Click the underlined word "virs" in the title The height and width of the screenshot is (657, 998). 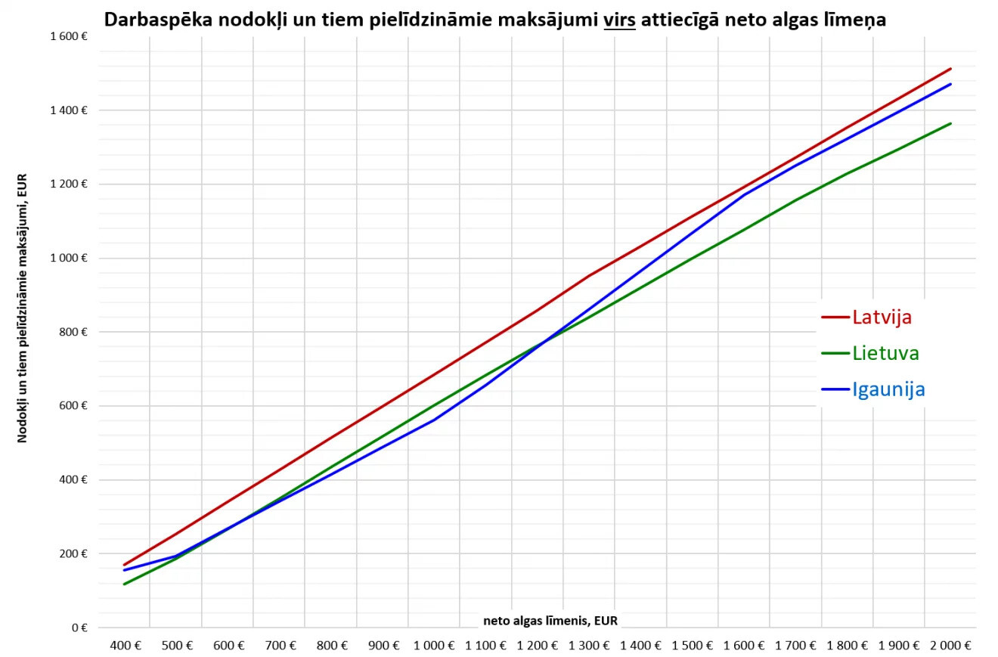[x=619, y=20]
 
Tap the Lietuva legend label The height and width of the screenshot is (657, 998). [x=886, y=353]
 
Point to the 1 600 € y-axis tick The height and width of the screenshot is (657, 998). [x=69, y=36]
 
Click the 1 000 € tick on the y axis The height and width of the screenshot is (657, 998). [x=69, y=258]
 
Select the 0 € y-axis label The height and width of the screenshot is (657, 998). [x=79, y=628]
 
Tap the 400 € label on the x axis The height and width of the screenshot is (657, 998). [x=126, y=646]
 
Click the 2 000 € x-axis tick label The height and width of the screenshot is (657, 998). [x=950, y=646]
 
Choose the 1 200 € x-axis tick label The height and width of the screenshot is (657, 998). [x=537, y=646]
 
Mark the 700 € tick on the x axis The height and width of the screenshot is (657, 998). [x=280, y=646]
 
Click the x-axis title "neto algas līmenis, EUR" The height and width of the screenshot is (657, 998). [x=550, y=621]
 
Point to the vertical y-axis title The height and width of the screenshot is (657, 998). [x=22, y=308]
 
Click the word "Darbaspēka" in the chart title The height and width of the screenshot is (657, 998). [x=158, y=20]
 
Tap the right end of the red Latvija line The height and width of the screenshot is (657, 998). [x=951, y=69]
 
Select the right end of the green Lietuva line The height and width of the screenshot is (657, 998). [x=951, y=123]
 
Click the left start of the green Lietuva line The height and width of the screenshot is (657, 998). [x=124, y=584]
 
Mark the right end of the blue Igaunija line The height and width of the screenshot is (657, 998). [x=951, y=84]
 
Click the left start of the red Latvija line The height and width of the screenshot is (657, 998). [x=124, y=565]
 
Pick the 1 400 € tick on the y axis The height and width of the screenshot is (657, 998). [x=69, y=110]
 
